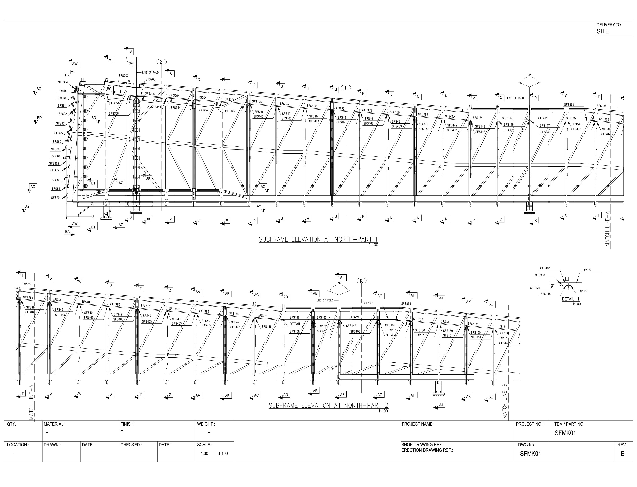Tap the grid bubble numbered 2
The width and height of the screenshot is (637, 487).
161,62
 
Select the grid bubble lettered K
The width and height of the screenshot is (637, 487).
361,281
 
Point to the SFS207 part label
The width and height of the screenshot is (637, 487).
123,76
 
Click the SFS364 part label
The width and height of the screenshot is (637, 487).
63,82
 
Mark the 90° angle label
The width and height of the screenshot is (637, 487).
131,62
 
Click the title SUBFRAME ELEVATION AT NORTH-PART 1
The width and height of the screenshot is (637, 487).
318,240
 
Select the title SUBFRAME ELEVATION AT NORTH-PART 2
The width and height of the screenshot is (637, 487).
328,406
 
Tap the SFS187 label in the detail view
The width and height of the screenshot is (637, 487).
545,268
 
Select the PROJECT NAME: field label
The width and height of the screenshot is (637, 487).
417,424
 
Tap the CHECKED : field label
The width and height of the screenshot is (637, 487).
131,445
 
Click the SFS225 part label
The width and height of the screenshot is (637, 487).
543,118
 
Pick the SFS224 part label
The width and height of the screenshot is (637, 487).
354,317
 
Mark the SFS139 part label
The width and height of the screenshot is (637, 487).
423,129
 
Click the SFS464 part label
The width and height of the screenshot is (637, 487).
391,335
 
